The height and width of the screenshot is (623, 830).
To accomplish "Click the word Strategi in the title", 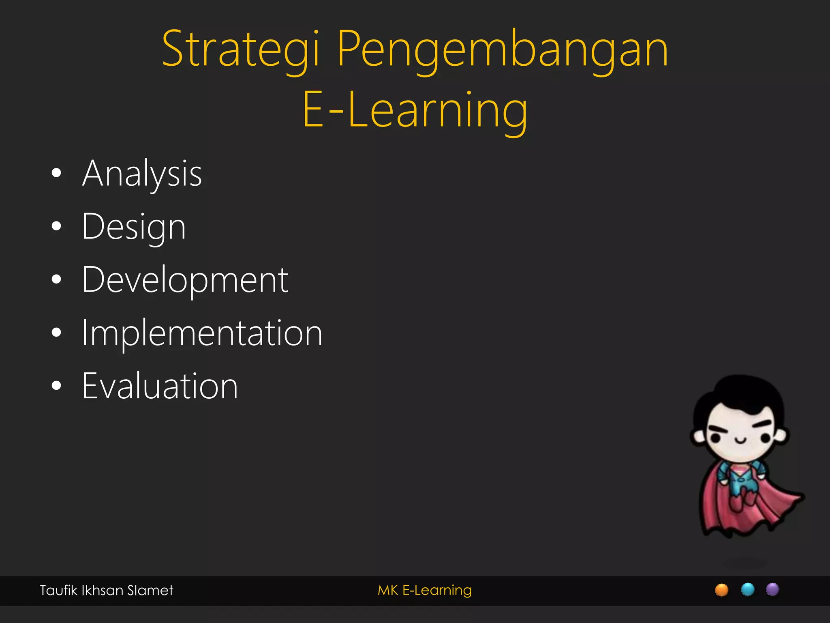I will (242, 49).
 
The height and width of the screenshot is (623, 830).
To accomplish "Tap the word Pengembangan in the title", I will (502, 49).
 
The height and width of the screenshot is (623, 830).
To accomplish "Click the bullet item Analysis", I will (142, 174).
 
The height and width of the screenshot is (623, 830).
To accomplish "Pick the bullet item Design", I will (134, 227).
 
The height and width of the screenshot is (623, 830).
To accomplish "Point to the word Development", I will (185, 280).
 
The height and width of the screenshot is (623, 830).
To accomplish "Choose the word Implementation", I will (202, 333).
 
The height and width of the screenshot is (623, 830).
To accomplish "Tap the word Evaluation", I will (160, 386).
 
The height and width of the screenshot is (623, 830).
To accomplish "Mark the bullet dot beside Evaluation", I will (57, 386).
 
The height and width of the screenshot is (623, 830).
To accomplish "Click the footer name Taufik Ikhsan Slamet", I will (106, 590).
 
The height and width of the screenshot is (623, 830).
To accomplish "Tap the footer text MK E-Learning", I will (424, 590).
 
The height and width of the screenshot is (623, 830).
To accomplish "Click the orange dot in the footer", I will (721, 590).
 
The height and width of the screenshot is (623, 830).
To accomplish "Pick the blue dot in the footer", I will (747, 589).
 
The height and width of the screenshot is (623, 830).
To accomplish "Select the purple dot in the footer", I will (772, 589).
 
